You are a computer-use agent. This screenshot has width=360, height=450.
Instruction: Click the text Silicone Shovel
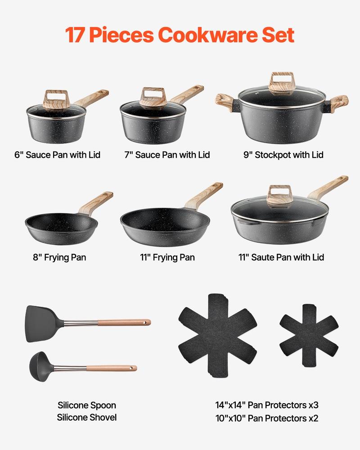point(86,417)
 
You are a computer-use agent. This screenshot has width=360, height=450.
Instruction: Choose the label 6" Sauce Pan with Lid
point(57,155)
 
